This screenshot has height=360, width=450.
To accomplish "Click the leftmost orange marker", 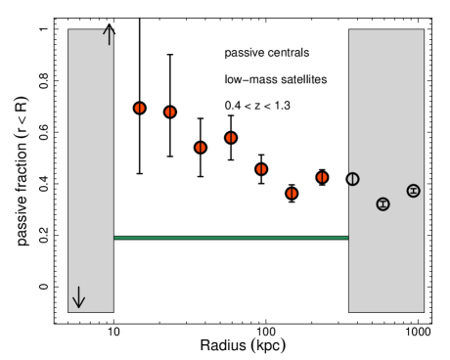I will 140,109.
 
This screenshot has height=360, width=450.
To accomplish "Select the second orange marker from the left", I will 170,112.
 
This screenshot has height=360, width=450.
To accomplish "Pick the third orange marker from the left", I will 201,148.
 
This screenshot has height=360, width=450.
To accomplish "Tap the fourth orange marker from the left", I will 231,138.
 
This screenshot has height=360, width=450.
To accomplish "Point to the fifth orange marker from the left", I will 261,169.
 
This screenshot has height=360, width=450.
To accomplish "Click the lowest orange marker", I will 292,194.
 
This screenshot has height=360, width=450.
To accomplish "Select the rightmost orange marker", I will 322,177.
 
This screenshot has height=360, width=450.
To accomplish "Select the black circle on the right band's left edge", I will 353,179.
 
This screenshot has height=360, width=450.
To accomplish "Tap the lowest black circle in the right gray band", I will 382,204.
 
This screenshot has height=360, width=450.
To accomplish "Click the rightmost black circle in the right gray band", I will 413,191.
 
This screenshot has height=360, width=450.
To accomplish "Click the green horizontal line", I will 231,238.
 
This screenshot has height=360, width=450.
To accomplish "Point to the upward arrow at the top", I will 109,35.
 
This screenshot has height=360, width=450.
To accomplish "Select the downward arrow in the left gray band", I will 78,297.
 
